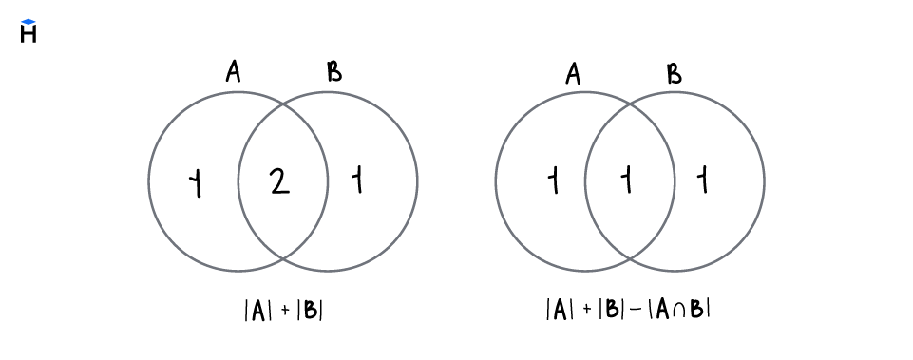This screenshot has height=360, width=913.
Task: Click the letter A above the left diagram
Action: point(234,72)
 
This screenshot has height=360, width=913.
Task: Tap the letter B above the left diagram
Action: point(334,72)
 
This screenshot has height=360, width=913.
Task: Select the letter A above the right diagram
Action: point(573,73)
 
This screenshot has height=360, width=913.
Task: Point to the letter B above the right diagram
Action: point(675,73)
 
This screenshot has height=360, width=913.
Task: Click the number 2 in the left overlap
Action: point(279,180)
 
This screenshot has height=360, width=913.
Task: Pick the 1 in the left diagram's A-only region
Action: point(197,182)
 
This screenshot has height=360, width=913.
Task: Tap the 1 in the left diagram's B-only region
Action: point(357,180)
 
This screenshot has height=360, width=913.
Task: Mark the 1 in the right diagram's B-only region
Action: point(703,180)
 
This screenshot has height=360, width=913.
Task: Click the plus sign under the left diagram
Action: point(284,311)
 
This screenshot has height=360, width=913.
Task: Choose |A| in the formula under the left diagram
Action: point(257,310)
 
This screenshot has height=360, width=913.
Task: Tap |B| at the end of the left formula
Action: point(311,310)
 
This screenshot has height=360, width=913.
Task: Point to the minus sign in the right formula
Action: point(635,310)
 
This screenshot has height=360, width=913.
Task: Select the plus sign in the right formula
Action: point(586,310)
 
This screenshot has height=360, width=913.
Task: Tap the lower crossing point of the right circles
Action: point(630,258)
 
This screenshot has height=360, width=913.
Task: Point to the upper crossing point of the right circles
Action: point(630,104)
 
